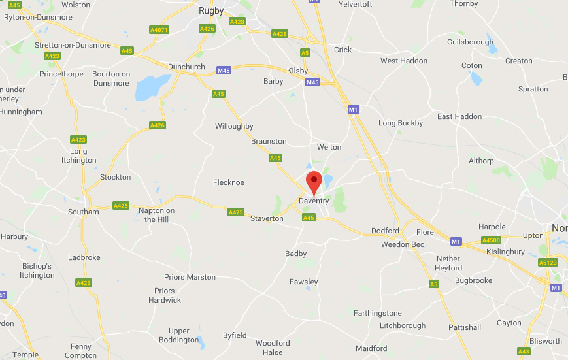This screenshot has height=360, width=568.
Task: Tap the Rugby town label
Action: click(x=210, y=10)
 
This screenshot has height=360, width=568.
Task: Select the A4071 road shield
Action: click(x=159, y=30)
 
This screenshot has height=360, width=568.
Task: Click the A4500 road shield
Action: click(x=491, y=240)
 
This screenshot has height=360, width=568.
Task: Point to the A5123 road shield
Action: click(x=548, y=263)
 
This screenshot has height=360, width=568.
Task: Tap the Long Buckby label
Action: click(x=401, y=123)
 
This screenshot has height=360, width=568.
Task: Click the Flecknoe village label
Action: click(x=229, y=182)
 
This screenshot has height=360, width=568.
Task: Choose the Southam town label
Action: click(x=84, y=212)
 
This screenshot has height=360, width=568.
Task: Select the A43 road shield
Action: click(x=524, y=351)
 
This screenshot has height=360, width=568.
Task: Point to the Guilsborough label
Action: click(x=470, y=42)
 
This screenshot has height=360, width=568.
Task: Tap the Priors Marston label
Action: click(x=190, y=277)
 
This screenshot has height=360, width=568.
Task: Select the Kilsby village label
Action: click(x=297, y=71)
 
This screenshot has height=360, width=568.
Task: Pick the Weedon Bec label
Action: click(x=403, y=244)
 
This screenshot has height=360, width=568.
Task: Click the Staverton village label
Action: click(x=267, y=218)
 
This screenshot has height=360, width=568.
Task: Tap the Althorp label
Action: click(x=481, y=161)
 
